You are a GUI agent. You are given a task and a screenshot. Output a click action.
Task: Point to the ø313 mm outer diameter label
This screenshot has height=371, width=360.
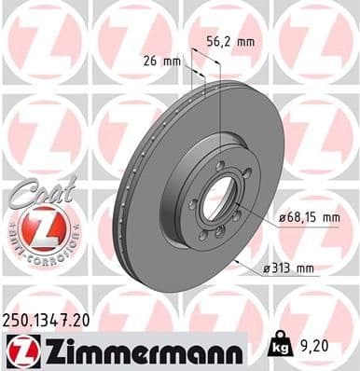click(x=290, y=269)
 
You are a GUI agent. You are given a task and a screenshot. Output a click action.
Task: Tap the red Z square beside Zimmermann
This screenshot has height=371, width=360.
click(x=20, y=350)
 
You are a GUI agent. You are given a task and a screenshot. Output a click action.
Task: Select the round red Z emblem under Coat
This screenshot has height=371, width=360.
click(x=39, y=227)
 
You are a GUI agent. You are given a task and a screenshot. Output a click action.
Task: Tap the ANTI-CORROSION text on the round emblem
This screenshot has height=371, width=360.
click(x=39, y=250)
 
